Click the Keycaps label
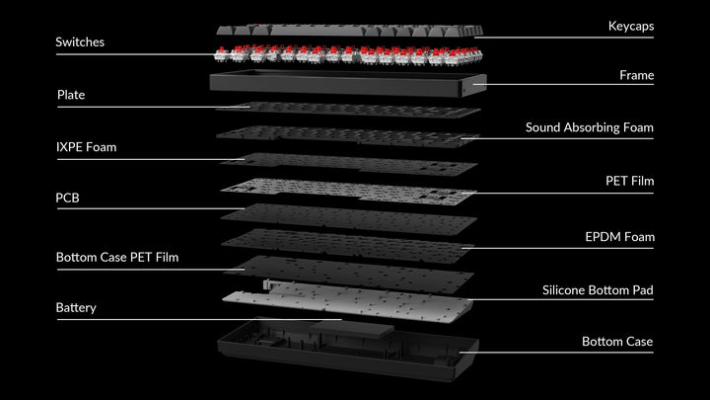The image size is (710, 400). coord(631,27)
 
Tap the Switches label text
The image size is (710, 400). coord(80,42)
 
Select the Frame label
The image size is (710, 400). coord(636,75)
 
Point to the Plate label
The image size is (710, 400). coord(71,95)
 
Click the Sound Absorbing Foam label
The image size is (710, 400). coord(589,127)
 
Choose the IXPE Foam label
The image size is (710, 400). coord(86,147)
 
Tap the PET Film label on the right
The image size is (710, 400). coord(629,182)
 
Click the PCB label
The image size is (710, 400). coord(67,199)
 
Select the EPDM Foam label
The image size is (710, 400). coord(619,237)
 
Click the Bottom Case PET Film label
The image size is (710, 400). coord(117,258)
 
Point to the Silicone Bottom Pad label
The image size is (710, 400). coord(598,290)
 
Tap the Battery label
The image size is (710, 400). coord(76,308)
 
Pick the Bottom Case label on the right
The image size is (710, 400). coord(617,342)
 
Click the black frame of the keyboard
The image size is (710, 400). coord(348,84)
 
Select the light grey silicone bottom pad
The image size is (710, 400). coord(348,301)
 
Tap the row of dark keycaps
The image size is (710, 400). coord(349,31)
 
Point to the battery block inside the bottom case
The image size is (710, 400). coord(353,328)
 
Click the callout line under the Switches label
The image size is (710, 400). coord(135,54)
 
